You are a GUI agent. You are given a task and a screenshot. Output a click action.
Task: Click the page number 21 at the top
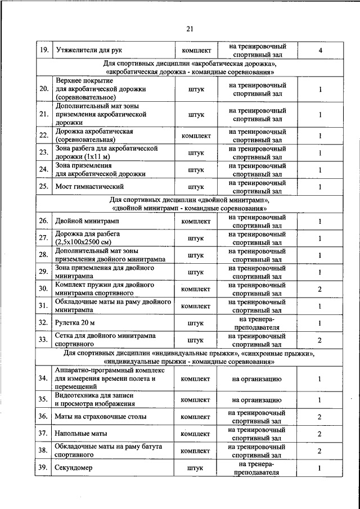coord(190,29)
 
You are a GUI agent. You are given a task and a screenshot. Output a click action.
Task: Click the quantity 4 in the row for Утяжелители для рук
coord(319,50)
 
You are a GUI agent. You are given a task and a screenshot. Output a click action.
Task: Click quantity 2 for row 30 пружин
coord(319,289)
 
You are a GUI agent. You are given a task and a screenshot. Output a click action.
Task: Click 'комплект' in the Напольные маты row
coord(196,434)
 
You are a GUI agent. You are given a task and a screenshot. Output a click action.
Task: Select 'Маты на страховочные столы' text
coord(101,417)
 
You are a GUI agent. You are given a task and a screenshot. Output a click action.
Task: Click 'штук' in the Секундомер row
coord(196,468)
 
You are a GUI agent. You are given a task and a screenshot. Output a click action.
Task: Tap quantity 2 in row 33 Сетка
coord(319,340)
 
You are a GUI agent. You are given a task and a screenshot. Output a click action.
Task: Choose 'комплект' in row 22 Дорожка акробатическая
coord(196,136)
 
